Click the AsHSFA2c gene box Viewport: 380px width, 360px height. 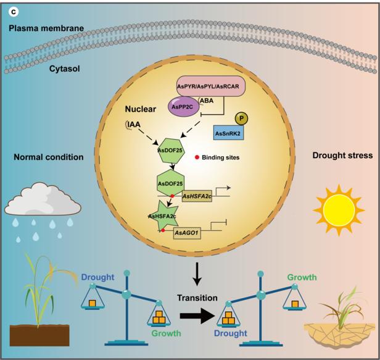click(x=197, y=196)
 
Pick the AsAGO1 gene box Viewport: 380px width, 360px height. click(x=189, y=233)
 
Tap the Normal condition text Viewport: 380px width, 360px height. click(x=48, y=157)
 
